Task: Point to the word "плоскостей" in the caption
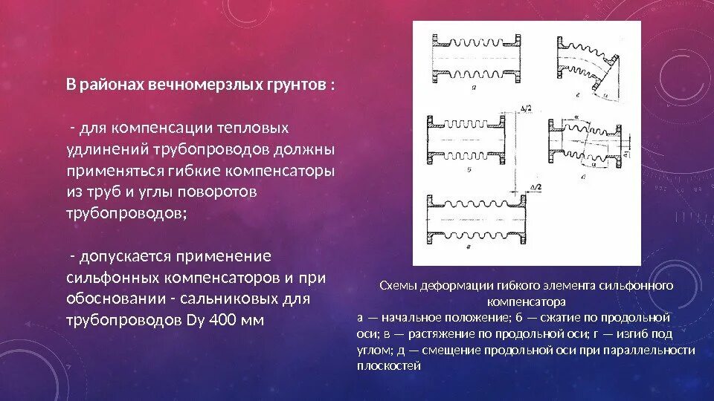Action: (x=388, y=365)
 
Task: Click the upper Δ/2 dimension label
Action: (x=527, y=110)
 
